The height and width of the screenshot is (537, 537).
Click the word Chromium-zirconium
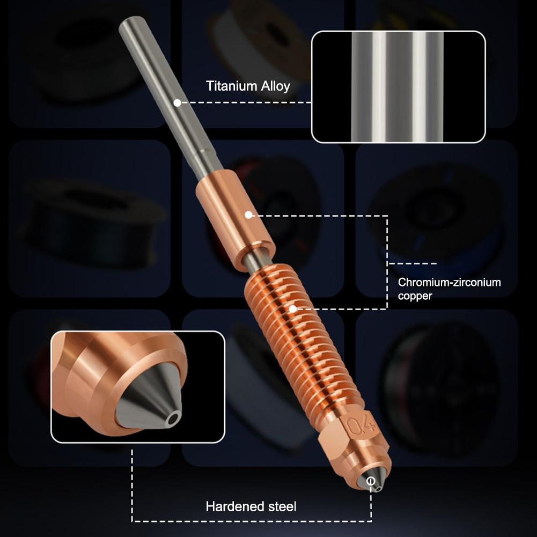449,282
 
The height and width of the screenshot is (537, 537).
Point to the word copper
415,296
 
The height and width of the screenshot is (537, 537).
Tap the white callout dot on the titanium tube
176,101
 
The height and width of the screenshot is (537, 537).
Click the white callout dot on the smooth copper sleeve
248,215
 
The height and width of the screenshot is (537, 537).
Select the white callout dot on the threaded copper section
292,308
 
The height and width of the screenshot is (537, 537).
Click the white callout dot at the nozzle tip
371,482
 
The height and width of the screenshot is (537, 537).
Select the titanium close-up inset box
398,87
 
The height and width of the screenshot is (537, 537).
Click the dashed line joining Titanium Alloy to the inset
245,101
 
